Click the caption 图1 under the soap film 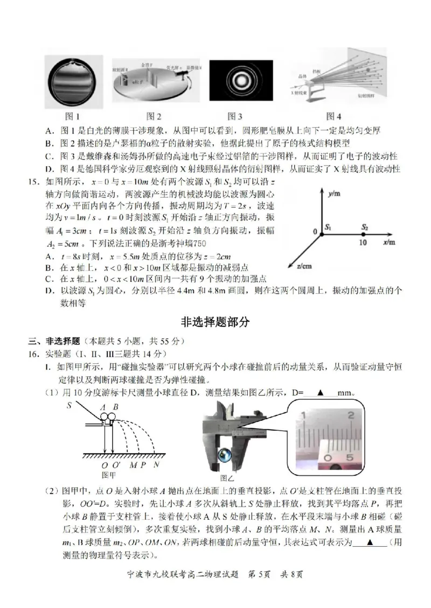coord(72,116)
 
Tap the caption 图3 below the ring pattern coord(234,116)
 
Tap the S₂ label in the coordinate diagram coord(365,227)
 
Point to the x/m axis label coord(390,243)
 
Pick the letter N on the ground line coord(156,465)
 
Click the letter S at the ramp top coord(69,405)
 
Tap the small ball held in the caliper coord(222,456)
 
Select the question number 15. coord(35,182)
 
